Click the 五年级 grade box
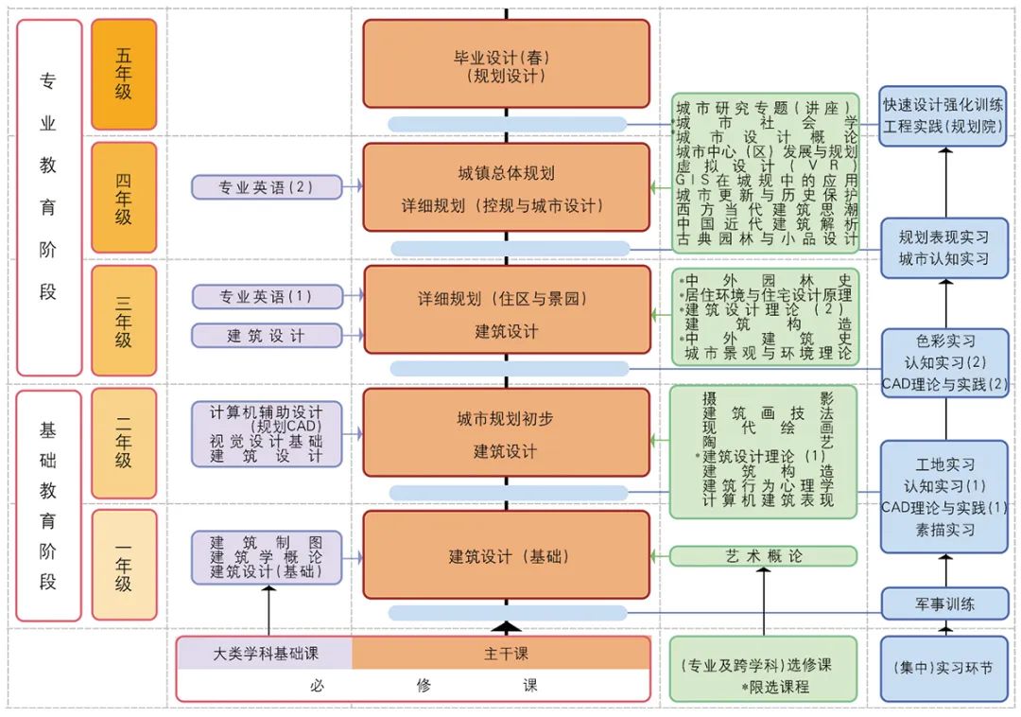(124, 75)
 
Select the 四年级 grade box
(124, 198)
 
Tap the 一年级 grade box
(124, 565)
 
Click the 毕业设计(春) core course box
(507, 63)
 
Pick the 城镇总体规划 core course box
(507, 188)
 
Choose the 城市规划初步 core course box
(507, 434)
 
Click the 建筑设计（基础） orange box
(507, 555)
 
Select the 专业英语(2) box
(267, 187)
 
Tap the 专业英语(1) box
(267, 296)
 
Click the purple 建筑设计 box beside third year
(267, 335)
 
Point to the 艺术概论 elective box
(764, 555)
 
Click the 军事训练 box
(944, 603)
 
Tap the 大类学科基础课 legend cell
(265, 653)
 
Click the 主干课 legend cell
(501, 653)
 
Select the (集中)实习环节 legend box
(944, 669)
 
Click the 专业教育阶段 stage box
(48, 198)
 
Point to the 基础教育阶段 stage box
(48, 505)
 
